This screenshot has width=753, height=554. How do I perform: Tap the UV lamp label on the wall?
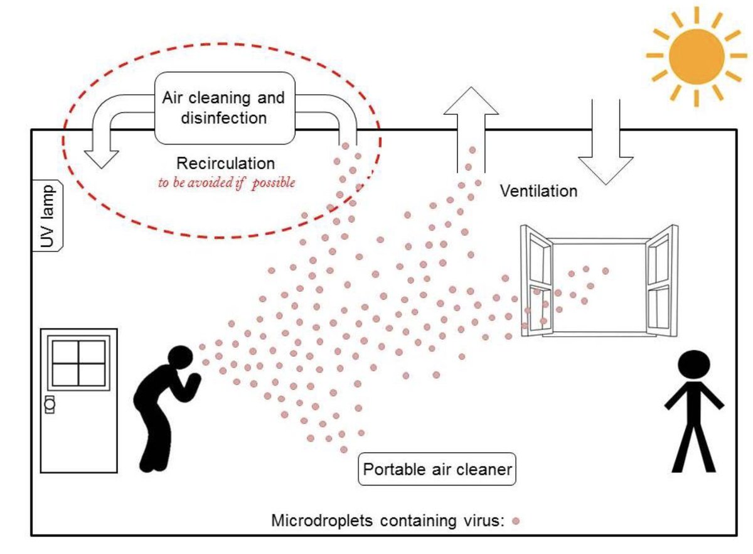point(47,215)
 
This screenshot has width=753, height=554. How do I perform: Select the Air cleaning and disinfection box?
point(225,108)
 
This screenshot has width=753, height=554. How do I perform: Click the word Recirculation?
point(225,163)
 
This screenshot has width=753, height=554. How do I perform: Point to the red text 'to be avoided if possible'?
point(227,183)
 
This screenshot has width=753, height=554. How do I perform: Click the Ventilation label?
point(538,191)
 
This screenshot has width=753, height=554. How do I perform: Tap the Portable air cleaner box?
point(437,469)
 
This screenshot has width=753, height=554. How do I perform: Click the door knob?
point(50,404)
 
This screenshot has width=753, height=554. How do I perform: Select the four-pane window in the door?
point(78,363)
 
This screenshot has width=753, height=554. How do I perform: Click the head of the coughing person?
point(181,357)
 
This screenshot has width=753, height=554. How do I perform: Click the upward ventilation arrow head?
point(471,101)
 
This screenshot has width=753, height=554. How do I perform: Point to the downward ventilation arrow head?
point(606,171)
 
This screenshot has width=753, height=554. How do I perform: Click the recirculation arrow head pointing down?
point(102,160)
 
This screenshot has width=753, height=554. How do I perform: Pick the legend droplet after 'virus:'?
point(516,521)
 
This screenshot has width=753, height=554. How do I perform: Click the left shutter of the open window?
point(536,281)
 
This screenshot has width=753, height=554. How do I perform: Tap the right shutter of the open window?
point(661,281)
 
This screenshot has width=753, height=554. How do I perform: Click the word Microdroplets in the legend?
point(322,520)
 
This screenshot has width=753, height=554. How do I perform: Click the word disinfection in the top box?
point(224,118)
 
